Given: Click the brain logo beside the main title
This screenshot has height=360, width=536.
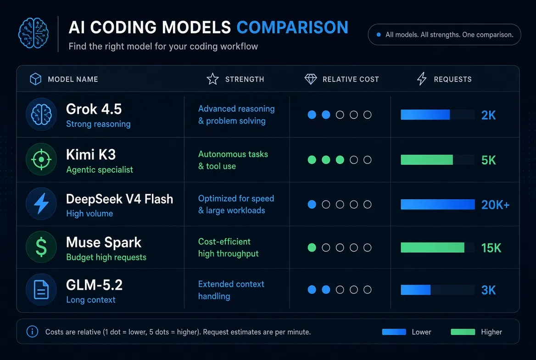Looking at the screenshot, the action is [x=33, y=33].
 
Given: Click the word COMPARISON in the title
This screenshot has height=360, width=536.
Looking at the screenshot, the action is [x=292, y=28].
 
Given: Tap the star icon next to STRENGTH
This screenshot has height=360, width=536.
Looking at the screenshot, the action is [x=212, y=79].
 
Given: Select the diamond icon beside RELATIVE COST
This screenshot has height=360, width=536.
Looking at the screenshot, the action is [x=310, y=79].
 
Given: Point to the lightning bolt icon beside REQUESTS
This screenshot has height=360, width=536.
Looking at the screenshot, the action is [x=422, y=79].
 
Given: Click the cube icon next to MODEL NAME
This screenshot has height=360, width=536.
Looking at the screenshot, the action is [x=35, y=79].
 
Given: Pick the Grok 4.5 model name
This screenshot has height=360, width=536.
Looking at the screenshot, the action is [x=94, y=109].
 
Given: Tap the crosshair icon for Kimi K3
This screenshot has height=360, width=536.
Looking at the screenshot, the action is [x=41, y=159].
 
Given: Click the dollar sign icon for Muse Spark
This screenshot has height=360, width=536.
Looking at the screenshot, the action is [x=41, y=247].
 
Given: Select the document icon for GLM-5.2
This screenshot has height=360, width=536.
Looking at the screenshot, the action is [x=41, y=289].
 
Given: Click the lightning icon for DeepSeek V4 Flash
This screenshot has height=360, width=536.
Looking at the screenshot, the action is [x=41, y=203].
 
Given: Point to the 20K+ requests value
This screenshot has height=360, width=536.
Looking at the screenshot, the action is [x=495, y=205].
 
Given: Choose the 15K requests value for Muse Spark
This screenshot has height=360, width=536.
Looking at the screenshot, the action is [x=491, y=248].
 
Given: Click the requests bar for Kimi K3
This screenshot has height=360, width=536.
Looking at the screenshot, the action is [x=427, y=160].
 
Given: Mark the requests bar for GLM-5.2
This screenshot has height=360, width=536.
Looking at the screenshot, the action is [x=415, y=290].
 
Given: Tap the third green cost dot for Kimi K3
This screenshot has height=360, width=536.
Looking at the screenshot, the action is [x=340, y=160].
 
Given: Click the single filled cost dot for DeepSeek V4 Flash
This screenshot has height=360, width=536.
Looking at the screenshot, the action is [x=312, y=204].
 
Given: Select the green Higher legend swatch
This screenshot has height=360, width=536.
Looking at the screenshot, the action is [x=463, y=332].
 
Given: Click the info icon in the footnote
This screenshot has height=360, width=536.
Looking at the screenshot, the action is [x=32, y=331].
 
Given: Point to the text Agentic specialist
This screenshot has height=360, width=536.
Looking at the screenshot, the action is [x=100, y=170].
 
